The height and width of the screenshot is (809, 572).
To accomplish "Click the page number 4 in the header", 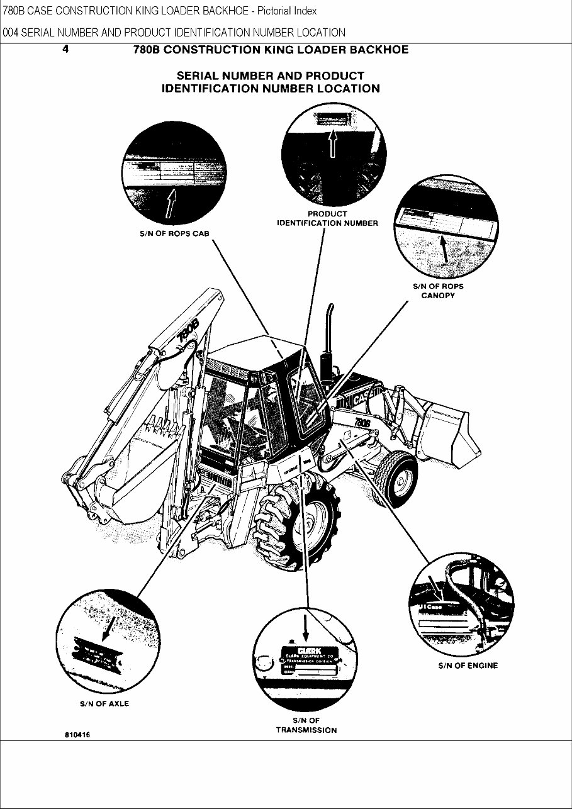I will point(65,49).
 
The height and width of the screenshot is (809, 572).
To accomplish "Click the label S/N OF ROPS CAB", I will point(174,233).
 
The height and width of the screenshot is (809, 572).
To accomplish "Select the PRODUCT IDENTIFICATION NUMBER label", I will point(327,218).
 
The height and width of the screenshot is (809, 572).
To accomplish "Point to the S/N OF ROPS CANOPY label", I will point(438,291).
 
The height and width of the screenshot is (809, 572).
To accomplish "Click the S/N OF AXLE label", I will point(104,703).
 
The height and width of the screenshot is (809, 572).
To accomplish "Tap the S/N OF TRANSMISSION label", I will point(306,725).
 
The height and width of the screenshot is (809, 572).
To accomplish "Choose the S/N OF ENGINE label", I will point(468,666).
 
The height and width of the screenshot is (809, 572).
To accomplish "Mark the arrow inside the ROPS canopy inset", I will point(445,247).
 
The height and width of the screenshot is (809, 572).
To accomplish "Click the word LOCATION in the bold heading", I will point(348,89).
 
